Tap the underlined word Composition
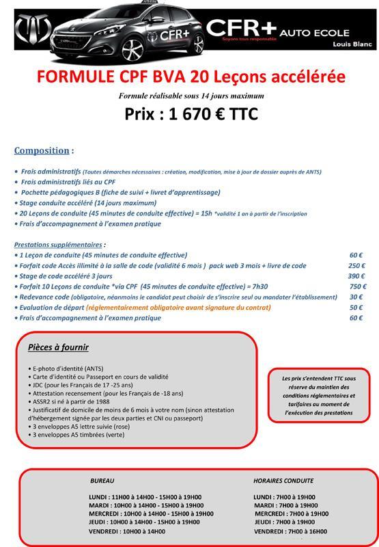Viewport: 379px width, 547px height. coord(42,150)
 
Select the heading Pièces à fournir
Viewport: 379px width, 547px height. coord(58,347)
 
